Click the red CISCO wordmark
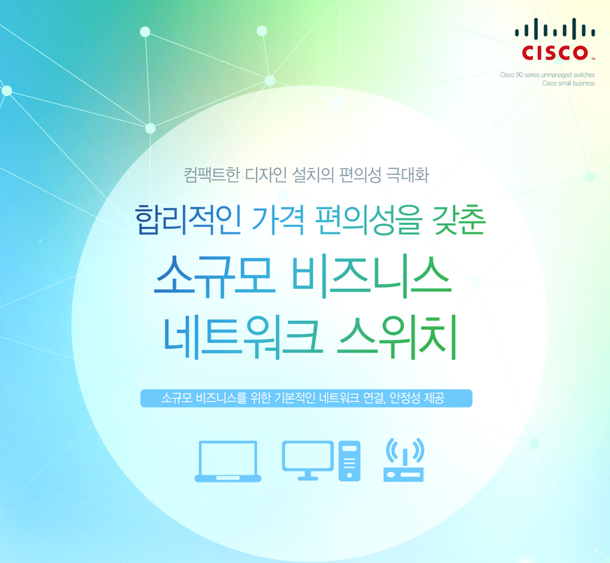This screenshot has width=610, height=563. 555,53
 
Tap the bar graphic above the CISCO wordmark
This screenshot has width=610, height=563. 555,29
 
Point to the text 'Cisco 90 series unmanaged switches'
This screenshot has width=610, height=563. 548,75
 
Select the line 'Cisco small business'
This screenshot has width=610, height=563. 569,83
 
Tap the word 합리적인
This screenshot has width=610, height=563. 188,219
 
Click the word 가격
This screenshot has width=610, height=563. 278,219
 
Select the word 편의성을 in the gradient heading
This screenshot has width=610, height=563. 368,220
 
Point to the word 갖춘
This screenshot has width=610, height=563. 459,219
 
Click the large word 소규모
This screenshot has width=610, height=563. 215,276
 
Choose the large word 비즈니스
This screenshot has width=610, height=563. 371,276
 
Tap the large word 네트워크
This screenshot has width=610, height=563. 243,337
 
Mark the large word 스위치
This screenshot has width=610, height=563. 397,337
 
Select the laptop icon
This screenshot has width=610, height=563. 228,461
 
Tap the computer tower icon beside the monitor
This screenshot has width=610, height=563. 349,461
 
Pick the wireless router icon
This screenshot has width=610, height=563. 404,460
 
